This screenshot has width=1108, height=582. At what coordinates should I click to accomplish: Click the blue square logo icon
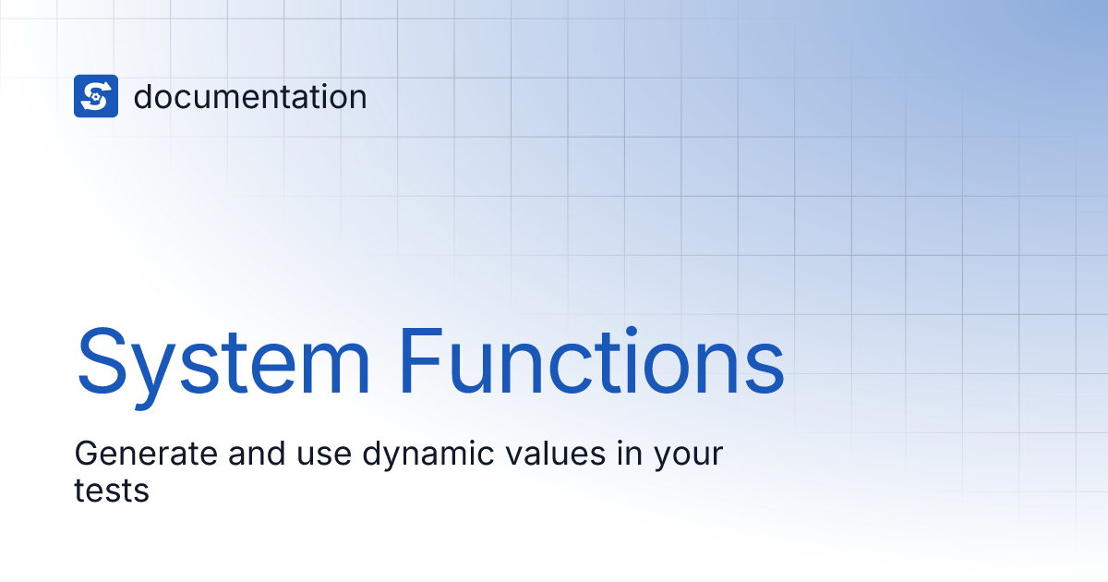click(x=96, y=96)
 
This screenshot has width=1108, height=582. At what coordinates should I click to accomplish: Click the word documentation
click(x=250, y=97)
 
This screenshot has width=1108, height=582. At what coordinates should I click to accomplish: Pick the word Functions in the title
click(x=592, y=360)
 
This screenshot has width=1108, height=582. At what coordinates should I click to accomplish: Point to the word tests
click(x=112, y=490)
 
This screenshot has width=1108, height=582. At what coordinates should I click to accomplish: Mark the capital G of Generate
click(x=86, y=455)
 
